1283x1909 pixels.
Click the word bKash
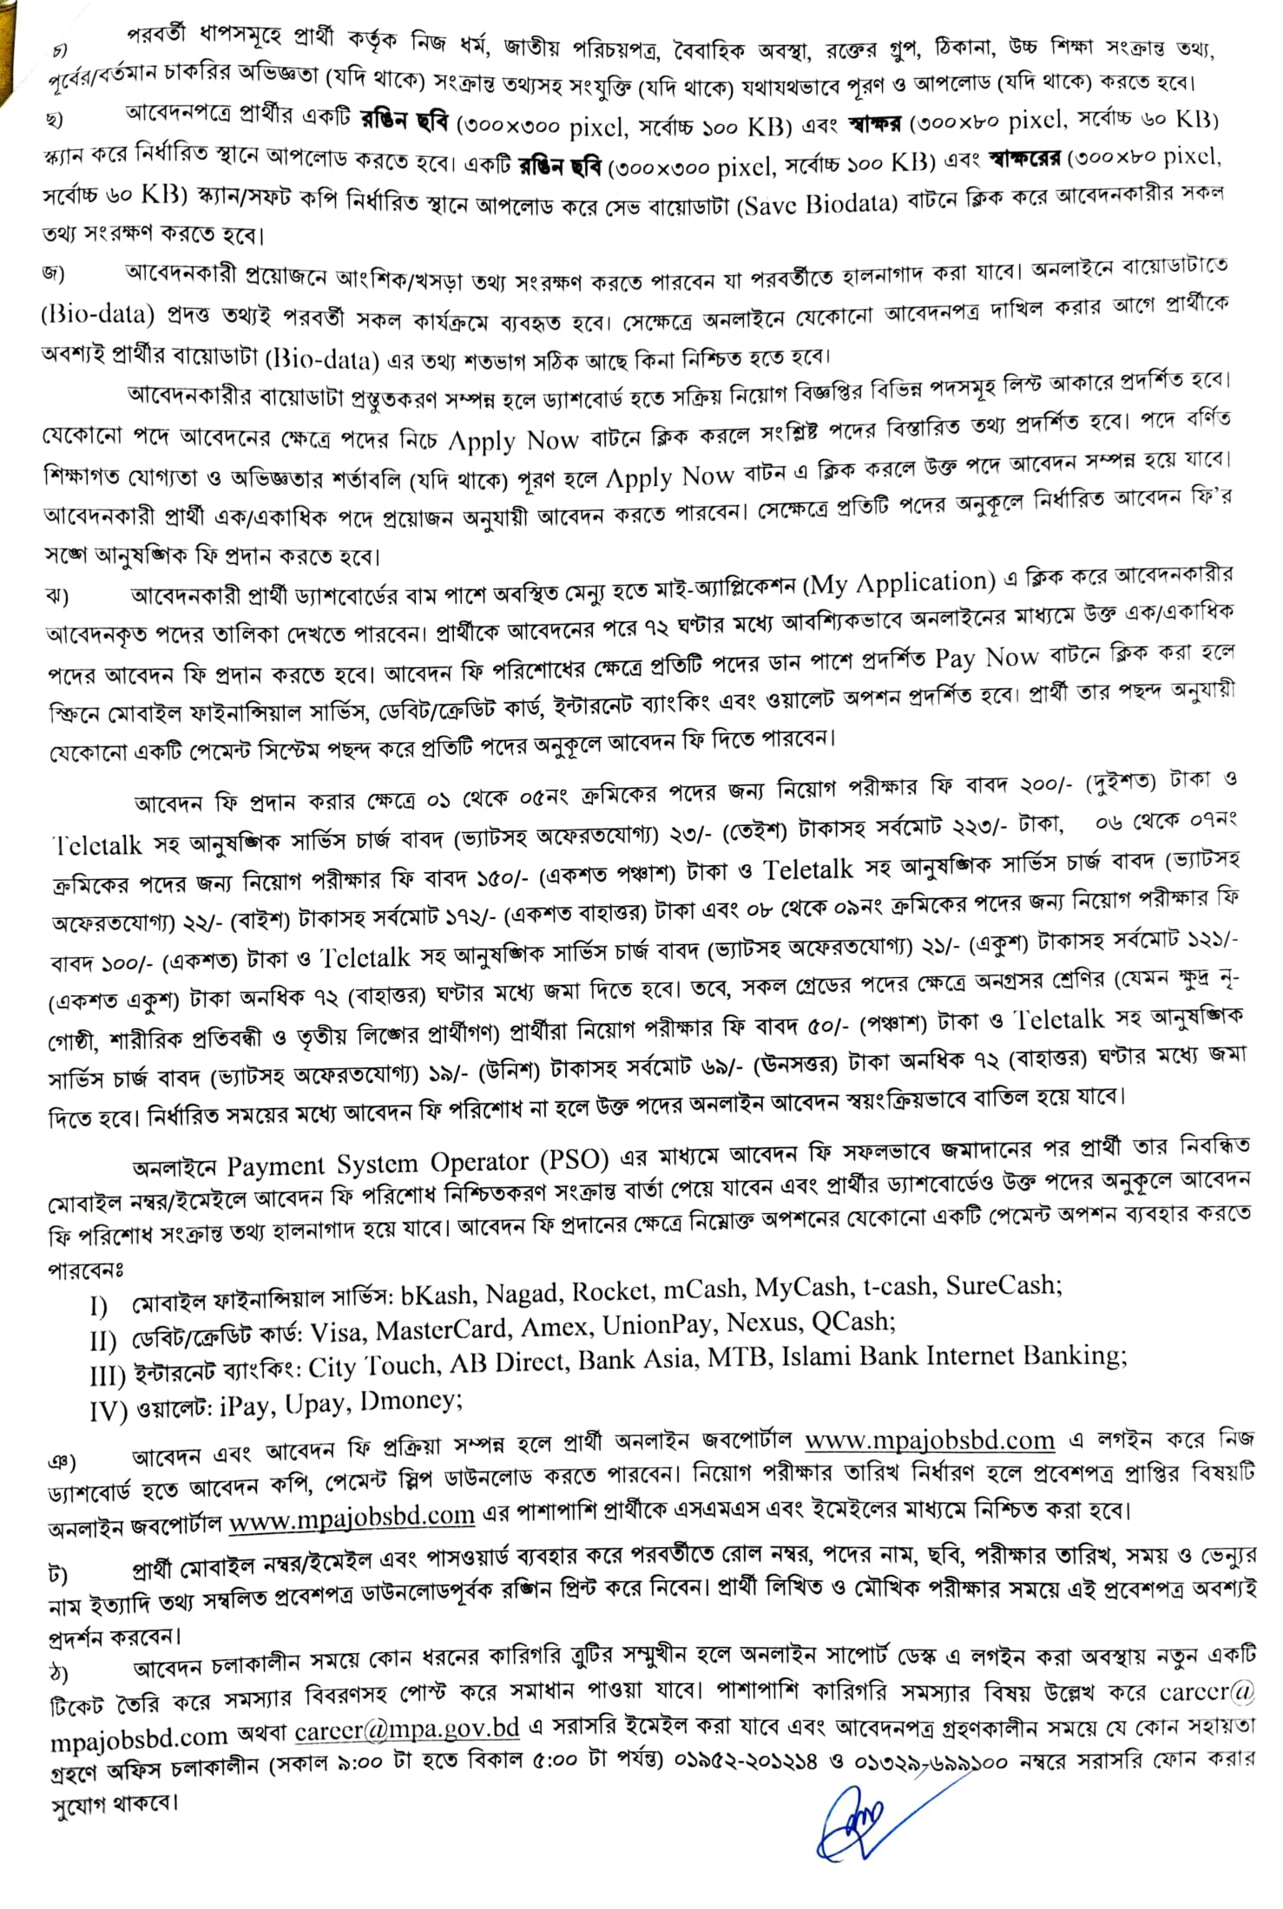[437, 1295]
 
